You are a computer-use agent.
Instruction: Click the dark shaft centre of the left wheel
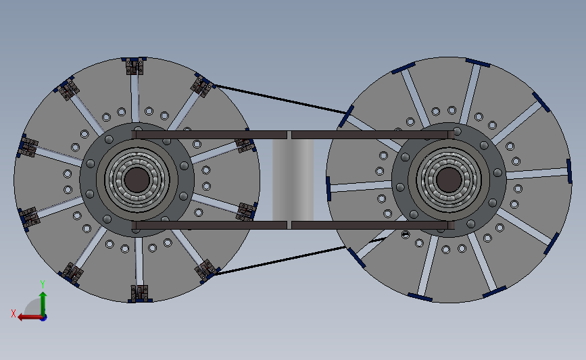[137, 179]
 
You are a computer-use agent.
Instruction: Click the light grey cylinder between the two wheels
[293, 179]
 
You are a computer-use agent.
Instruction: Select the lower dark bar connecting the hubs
[223, 224]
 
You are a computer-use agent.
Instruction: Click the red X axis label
[13, 313]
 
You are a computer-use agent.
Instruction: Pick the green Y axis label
[42, 284]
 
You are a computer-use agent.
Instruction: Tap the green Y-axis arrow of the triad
[43, 301]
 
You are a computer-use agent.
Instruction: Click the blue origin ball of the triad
[43, 317]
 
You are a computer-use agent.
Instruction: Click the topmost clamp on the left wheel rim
[136, 66]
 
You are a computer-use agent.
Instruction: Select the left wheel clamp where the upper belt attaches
[202, 85]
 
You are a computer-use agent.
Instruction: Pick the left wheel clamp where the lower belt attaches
[205, 272]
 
